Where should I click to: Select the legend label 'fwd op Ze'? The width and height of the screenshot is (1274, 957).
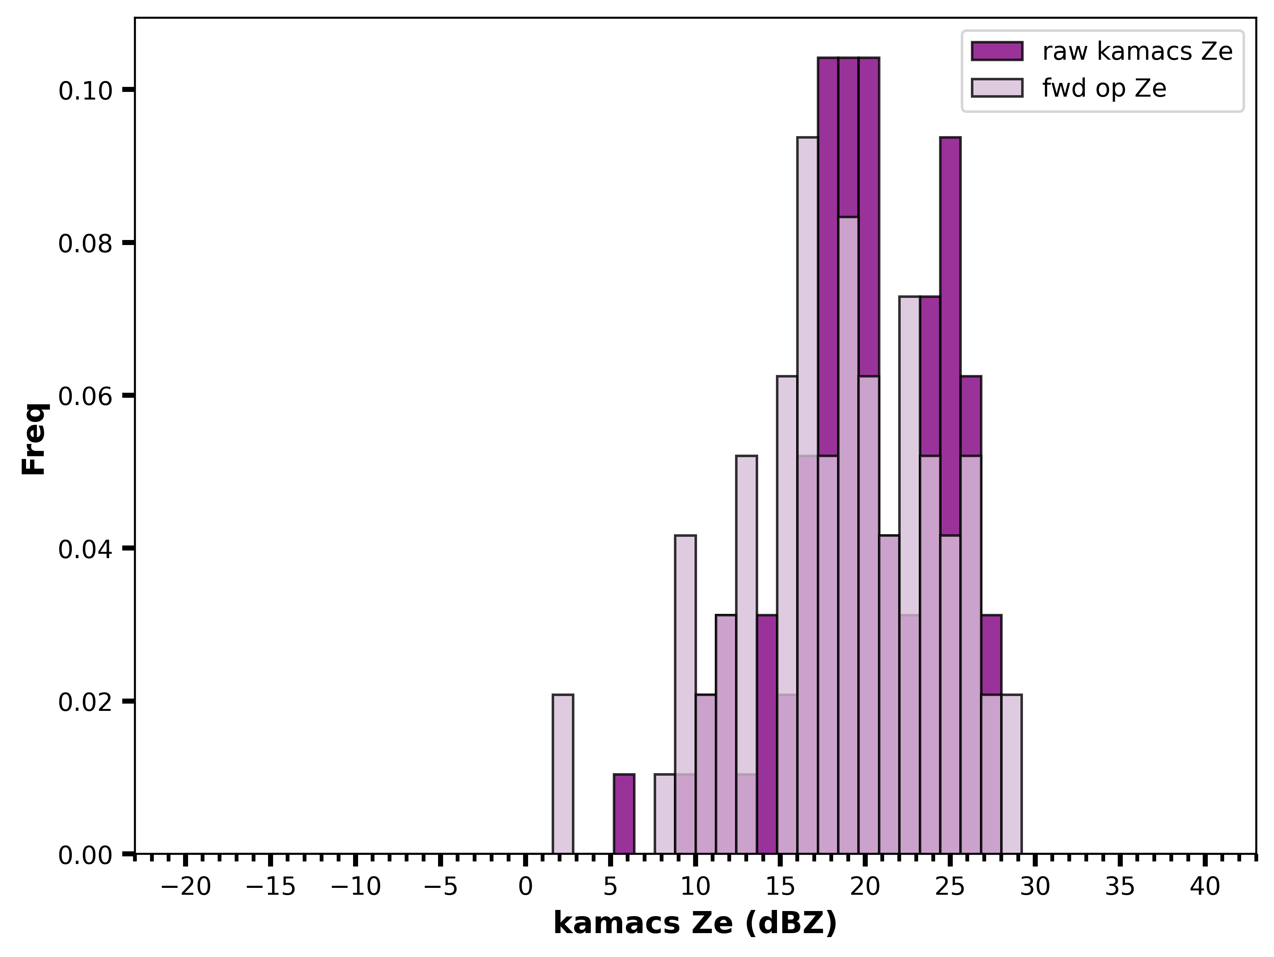[x=1104, y=88]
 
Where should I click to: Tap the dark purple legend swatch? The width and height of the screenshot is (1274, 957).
[x=997, y=51]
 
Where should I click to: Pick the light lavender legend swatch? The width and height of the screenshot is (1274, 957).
[x=997, y=88]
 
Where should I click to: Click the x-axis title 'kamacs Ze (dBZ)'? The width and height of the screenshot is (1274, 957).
[x=695, y=924]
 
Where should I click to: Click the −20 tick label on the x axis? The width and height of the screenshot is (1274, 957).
[x=186, y=887]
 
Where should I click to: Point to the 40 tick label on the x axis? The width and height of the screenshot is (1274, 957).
[x=1205, y=887]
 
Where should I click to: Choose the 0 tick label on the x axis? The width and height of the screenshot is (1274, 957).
[x=525, y=887]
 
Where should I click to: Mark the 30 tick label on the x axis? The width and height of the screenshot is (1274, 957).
[x=1035, y=887]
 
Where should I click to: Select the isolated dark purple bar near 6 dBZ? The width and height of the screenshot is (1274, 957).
[x=624, y=814]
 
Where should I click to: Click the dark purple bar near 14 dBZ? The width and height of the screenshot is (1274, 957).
[x=766, y=735]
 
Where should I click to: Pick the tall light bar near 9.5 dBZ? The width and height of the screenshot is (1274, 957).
[x=685, y=657]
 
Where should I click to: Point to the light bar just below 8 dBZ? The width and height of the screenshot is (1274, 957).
[x=664, y=814]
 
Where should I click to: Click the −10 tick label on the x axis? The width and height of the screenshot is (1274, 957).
[x=355, y=887]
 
